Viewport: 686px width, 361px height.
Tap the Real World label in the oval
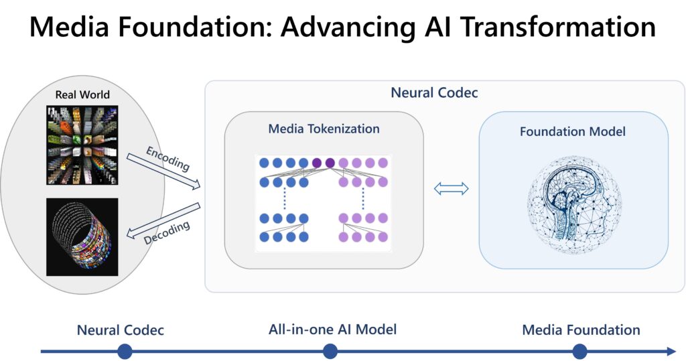click(x=82, y=94)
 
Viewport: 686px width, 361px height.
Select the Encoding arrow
click(x=163, y=171)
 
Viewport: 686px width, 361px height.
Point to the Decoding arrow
click(x=163, y=221)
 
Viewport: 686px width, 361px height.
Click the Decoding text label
click(x=167, y=233)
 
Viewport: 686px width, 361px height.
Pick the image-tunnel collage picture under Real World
click(x=82, y=145)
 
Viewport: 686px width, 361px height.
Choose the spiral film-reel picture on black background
click(x=82, y=237)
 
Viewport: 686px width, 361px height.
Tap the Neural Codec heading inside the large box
click(x=434, y=93)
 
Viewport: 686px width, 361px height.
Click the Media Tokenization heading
click(x=324, y=129)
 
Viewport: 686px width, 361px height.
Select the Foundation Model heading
click(x=573, y=131)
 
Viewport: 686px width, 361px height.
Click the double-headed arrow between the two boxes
click(x=451, y=189)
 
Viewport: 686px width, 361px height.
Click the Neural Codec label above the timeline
click(x=121, y=330)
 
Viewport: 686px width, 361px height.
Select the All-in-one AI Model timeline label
click(x=332, y=330)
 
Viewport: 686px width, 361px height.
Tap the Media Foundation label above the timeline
click(x=581, y=330)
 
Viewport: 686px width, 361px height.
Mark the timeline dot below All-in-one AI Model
click(x=330, y=351)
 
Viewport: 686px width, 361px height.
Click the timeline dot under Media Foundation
click(x=579, y=351)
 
